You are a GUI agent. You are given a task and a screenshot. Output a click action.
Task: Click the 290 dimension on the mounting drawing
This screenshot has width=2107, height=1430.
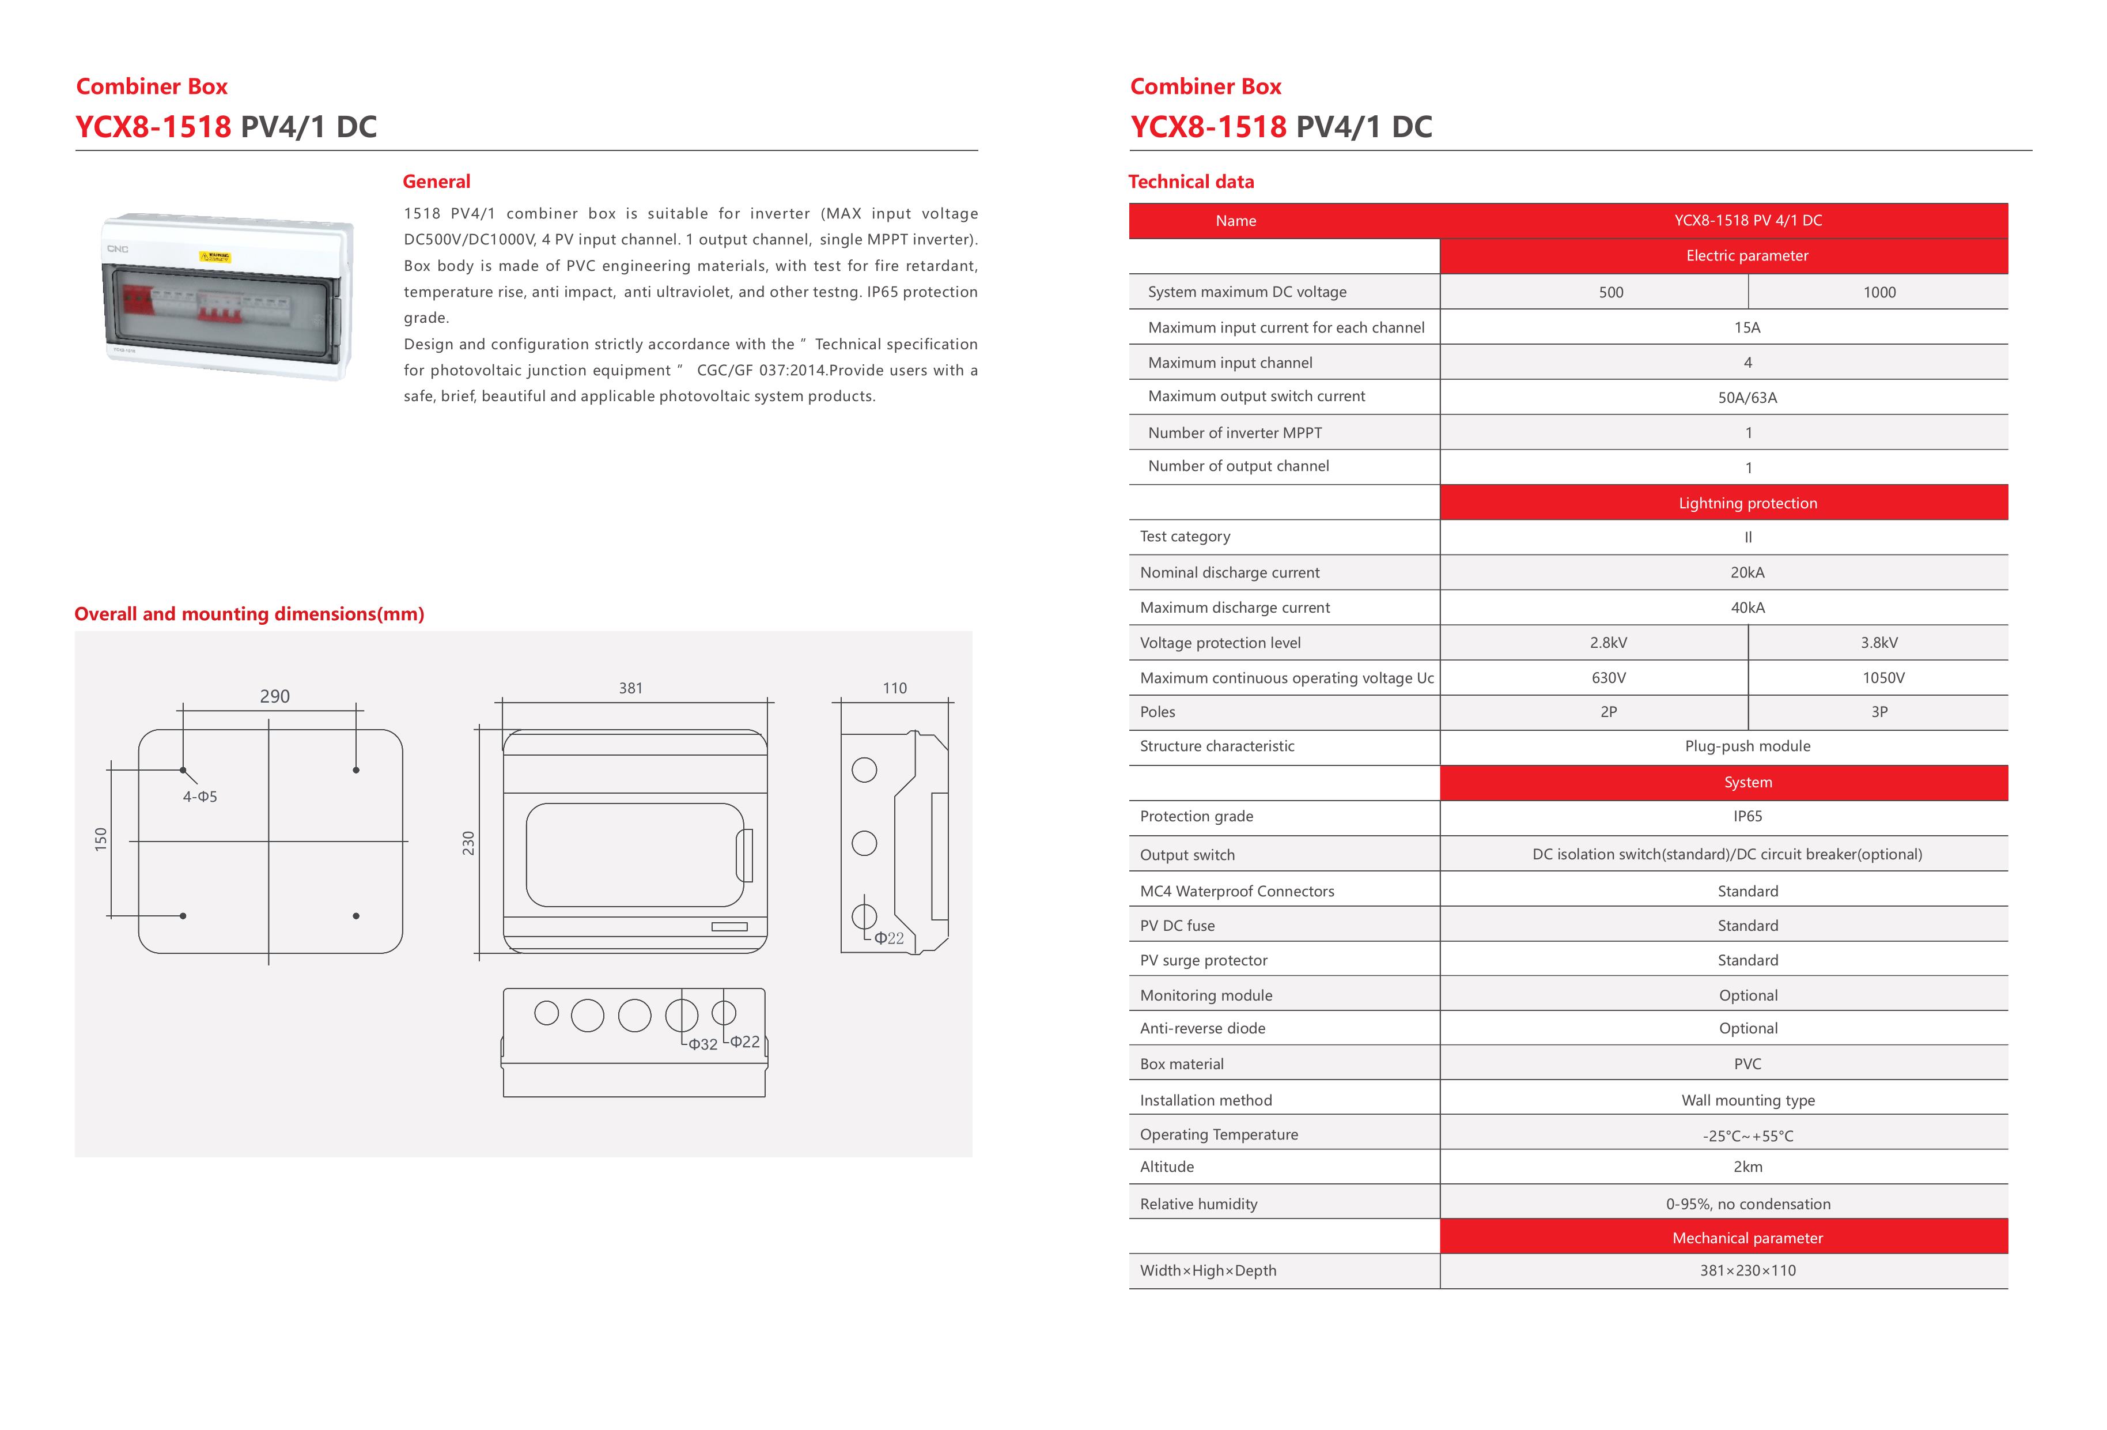[x=275, y=696]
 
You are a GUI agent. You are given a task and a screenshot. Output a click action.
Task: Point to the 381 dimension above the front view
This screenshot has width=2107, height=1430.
[x=631, y=688]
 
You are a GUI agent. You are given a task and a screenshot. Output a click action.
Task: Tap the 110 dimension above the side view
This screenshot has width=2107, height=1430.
[x=895, y=688]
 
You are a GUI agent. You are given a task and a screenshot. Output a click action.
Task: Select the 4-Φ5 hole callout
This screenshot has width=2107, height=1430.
[x=201, y=797]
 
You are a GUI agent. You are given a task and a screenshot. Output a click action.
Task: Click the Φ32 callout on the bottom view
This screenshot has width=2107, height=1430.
[x=703, y=1044]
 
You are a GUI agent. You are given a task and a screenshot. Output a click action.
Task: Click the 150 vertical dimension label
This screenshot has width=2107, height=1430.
[x=101, y=839]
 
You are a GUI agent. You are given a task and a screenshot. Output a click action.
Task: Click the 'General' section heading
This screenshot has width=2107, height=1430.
[x=436, y=182]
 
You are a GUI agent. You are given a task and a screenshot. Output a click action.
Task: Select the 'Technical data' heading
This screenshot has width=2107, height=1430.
[x=1190, y=182]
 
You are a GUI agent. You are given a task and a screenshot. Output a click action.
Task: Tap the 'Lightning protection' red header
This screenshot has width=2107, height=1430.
[x=1747, y=503]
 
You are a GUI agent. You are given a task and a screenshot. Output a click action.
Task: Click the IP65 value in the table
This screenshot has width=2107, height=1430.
[x=1747, y=816]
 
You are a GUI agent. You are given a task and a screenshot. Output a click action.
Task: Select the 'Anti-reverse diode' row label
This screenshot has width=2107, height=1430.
[x=1202, y=1028]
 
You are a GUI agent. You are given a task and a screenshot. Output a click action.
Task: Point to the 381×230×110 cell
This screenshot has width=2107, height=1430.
[x=1747, y=1270]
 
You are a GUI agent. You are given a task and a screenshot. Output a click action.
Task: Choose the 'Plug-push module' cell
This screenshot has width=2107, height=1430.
[x=1747, y=746]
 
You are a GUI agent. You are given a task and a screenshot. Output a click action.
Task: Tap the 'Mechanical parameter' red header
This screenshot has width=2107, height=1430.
[x=1747, y=1237]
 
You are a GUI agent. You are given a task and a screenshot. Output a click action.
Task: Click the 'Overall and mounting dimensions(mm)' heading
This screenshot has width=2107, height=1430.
[x=249, y=614]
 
